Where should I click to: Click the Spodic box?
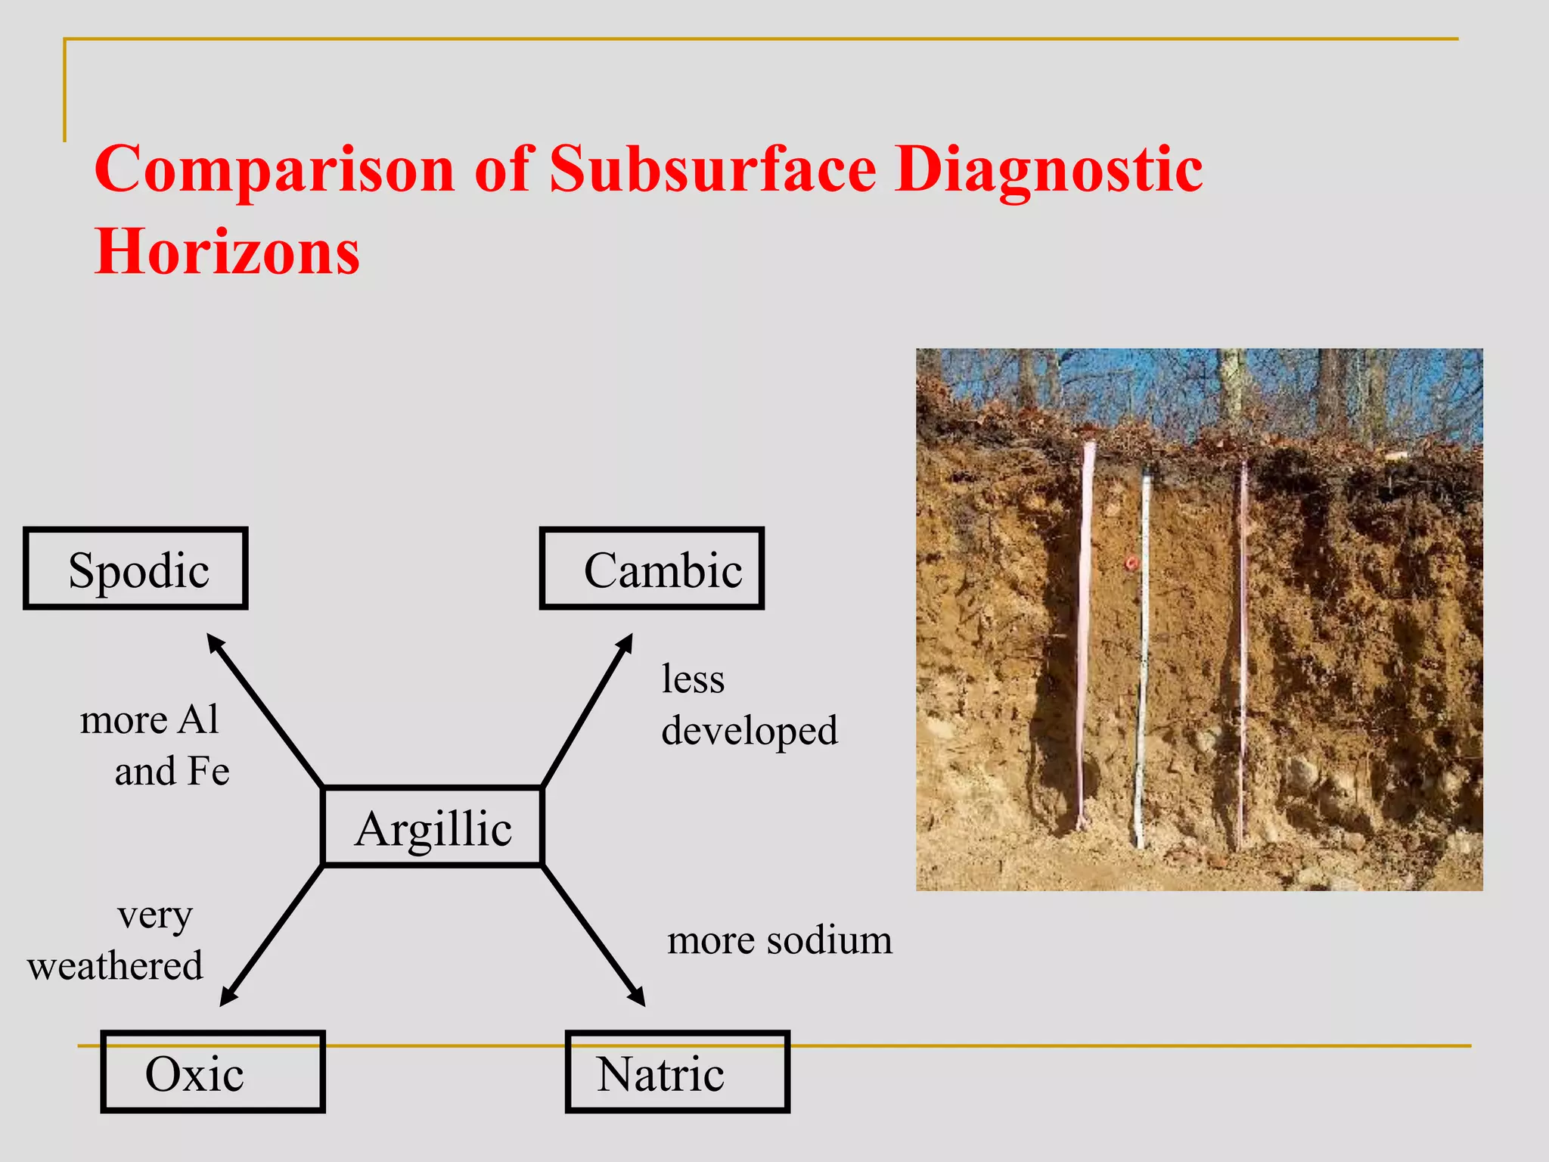(x=136, y=569)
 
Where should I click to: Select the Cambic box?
(x=652, y=569)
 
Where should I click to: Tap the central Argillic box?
(x=433, y=827)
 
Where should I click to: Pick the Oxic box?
(x=213, y=1072)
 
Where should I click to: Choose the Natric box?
(x=678, y=1072)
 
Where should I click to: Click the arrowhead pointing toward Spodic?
(x=216, y=645)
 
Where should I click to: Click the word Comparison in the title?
(x=275, y=169)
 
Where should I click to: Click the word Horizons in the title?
(x=227, y=252)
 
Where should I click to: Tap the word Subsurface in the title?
(x=712, y=169)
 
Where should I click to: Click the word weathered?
(x=115, y=966)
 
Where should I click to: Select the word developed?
(x=750, y=731)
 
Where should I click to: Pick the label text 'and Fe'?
(x=172, y=772)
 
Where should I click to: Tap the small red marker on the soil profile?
(x=1132, y=564)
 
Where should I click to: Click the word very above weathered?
(x=155, y=915)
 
